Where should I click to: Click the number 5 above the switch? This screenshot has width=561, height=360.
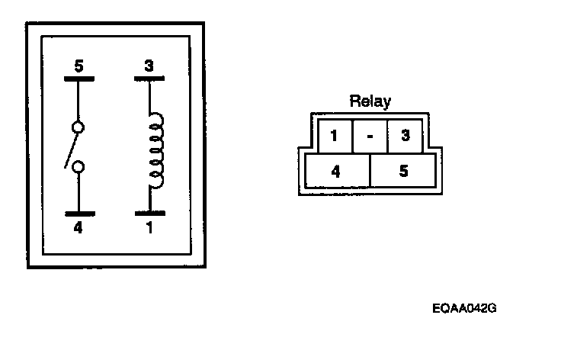click(x=78, y=66)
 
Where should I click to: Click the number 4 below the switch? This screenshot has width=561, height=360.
click(x=78, y=227)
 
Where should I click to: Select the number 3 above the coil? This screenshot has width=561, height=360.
click(x=149, y=66)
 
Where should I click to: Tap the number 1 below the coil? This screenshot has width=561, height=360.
click(x=149, y=227)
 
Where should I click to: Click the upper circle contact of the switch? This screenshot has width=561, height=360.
click(x=78, y=127)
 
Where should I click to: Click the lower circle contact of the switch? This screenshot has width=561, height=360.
click(x=78, y=167)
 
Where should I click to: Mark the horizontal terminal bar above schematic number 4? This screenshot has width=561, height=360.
click(x=78, y=214)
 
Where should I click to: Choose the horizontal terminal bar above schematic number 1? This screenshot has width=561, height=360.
click(x=149, y=214)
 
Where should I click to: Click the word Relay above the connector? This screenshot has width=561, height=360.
click(x=370, y=101)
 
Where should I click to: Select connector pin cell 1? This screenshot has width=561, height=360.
click(x=334, y=137)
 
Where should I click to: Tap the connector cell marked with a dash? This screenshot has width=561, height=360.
click(x=370, y=137)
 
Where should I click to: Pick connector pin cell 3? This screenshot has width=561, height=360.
click(x=406, y=137)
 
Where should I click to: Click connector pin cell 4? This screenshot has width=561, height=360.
click(x=336, y=171)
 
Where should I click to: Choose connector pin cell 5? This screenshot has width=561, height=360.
click(x=403, y=171)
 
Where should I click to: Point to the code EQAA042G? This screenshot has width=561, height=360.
click(x=463, y=309)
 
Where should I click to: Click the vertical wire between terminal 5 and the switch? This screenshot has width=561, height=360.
click(x=78, y=100)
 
